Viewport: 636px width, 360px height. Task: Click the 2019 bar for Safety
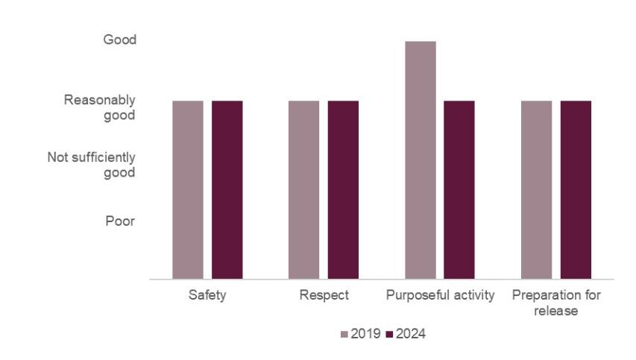pos(188,189)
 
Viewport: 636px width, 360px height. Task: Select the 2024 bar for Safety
pos(227,189)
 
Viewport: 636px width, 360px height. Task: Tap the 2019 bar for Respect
pos(304,189)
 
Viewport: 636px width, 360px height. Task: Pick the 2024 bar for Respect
pos(343,189)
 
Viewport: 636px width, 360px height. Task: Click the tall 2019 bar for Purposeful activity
pos(421,160)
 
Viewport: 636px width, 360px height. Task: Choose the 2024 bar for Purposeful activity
pos(459,189)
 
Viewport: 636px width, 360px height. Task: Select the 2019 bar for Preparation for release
pos(537,189)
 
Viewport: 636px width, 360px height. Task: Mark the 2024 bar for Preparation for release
pos(576,189)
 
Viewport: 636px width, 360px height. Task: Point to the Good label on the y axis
pos(119,40)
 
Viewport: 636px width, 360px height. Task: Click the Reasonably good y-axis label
pos(99,107)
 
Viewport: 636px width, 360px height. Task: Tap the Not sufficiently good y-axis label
pos(92,165)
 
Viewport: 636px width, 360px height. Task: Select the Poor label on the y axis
pos(119,221)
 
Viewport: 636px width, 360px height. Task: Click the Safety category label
pos(207,295)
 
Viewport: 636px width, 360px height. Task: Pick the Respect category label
pos(324,295)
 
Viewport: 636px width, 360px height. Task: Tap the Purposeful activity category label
pos(440,295)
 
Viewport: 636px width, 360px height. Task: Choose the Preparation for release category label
pos(556,303)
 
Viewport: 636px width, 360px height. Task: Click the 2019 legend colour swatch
pos(344,335)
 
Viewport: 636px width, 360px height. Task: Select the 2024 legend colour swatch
pos(391,335)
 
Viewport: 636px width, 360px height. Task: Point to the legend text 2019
pos(365,334)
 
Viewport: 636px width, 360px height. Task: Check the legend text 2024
pos(412,334)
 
